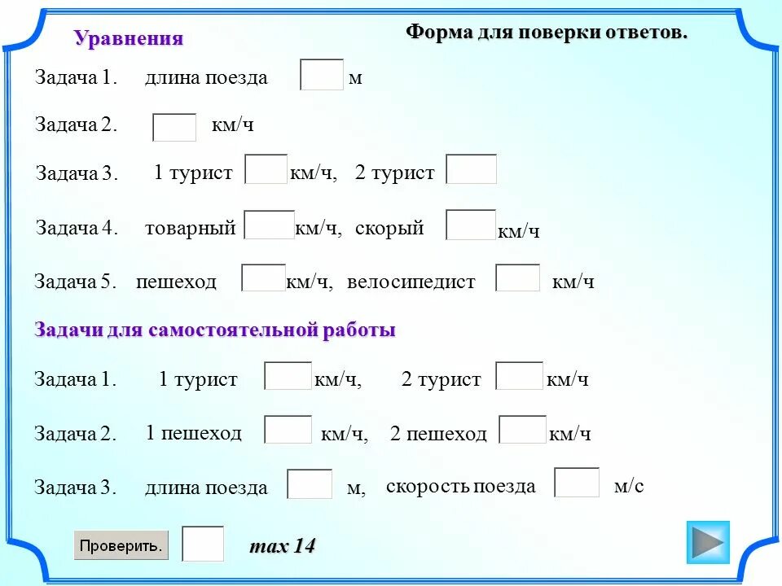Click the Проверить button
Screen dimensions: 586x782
tap(121, 544)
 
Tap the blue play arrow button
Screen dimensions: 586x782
tap(708, 541)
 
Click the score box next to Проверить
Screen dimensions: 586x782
tap(203, 544)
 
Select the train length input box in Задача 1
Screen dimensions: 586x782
tap(322, 75)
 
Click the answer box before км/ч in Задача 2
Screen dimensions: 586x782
tap(174, 127)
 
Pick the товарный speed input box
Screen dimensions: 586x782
tap(269, 225)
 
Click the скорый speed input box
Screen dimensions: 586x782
tap(471, 225)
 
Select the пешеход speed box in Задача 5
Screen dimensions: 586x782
tap(263, 278)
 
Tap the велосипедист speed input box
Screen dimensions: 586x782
tap(518, 278)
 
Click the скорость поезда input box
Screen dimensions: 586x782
tap(577, 483)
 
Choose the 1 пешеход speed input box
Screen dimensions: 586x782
tap(288, 430)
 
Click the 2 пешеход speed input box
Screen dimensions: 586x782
tap(522, 430)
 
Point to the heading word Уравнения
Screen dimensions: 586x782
tap(129, 38)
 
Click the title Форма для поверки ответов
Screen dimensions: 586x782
tap(547, 33)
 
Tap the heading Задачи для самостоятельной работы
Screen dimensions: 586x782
tap(215, 330)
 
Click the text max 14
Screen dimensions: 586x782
tap(282, 546)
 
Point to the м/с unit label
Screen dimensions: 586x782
tap(628, 486)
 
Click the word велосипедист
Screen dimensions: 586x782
tap(411, 282)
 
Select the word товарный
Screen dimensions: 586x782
tap(190, 228)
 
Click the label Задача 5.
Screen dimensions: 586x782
tap(76, 282)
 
